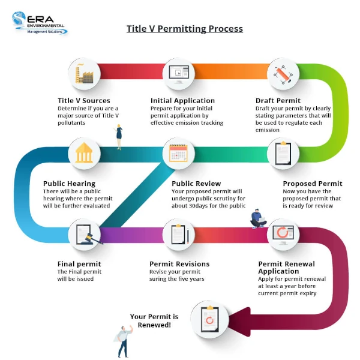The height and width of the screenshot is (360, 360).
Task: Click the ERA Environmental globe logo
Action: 19,18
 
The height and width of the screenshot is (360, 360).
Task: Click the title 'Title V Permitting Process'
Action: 185,29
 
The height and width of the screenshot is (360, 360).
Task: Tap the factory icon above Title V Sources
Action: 84,73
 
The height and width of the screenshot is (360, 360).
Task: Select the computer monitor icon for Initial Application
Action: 179,74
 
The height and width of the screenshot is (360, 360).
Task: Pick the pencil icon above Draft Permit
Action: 283,74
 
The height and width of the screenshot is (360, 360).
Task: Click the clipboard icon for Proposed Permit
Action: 283,153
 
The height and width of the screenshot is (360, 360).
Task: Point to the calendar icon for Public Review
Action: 178,153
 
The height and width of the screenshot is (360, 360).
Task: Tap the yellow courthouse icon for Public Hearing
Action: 84,152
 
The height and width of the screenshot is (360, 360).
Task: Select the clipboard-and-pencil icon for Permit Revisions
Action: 180,234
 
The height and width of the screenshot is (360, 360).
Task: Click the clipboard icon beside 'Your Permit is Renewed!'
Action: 210,319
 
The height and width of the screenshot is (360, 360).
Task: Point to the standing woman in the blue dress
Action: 119,137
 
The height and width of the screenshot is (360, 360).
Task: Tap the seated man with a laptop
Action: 258,218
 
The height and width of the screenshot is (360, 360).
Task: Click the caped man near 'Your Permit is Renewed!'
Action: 123,341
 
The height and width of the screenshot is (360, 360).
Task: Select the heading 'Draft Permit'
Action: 278,101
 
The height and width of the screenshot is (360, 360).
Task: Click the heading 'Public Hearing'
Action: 70,184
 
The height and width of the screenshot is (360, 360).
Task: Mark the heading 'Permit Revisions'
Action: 179,264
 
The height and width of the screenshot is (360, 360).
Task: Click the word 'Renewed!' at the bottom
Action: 154,325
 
